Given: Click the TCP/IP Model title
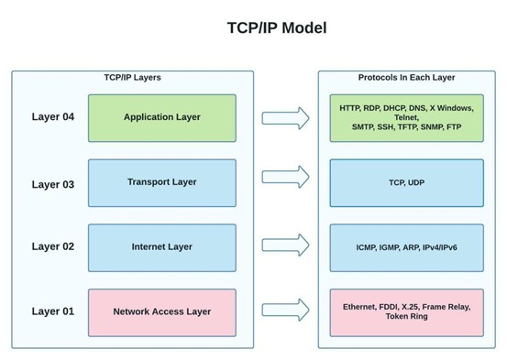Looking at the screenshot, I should tap(276, 27).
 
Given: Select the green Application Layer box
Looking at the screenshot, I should tap(161, 117).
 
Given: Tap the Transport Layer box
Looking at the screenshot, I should tap(161, 182).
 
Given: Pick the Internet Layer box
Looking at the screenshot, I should tap(161, 247).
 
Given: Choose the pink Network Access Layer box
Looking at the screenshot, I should tap(161, 311).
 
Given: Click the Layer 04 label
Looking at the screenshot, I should tap(52, 117).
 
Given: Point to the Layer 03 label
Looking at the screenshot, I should tap(52, 184).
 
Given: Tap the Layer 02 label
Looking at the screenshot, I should tap(52, 246).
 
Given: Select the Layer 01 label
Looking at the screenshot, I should tap(52, 311).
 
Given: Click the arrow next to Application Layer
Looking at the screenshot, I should tap(285, 117).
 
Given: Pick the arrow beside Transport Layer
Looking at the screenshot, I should tap(285, 177).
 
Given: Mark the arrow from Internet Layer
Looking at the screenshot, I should tap(285, 245).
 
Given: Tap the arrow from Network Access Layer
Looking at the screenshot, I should tap(285, 309).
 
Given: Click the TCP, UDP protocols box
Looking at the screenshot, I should tap(406, 182).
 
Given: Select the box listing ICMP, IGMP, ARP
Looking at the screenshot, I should tap(406, 247).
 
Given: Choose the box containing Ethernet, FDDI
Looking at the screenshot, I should tap(406, 311).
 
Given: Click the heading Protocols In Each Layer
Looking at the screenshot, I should tap(406, 78).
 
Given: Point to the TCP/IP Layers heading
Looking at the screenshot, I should tap(132, 78).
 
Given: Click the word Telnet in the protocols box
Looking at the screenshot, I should tap(406, 117).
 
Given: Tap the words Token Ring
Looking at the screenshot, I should tap(406, 317).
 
